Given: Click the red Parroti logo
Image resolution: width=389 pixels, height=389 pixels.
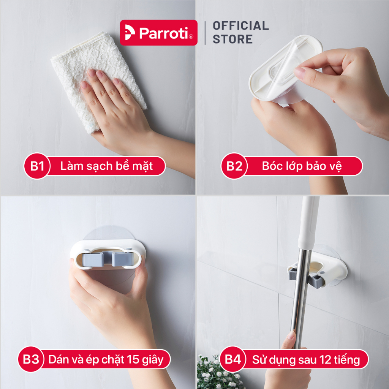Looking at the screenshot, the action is point(158,33).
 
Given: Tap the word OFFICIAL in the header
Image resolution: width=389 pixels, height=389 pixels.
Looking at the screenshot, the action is point(240,25).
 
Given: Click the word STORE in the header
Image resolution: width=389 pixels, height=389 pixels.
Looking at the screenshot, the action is point(232,39).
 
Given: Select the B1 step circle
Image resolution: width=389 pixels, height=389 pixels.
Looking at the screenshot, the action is point(37,166).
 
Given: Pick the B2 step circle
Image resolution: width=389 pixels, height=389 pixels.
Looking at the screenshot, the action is point(234,166).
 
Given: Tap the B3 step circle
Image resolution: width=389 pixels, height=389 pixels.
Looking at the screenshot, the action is point(31,359).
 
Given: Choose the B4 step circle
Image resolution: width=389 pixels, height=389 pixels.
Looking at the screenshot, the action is point(233,359).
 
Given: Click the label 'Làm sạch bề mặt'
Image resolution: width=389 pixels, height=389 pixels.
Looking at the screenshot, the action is point(106,166).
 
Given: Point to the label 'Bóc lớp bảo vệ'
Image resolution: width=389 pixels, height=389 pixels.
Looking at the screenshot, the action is point(302,166).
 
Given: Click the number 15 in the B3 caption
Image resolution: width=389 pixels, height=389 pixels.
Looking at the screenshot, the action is point(133,359).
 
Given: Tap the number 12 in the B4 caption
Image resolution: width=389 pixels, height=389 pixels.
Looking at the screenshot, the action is point(325,359).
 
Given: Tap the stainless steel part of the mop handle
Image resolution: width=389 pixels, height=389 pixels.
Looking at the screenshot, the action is point(301,298).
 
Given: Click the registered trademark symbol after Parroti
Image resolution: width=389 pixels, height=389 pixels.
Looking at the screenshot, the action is point(191,37).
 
